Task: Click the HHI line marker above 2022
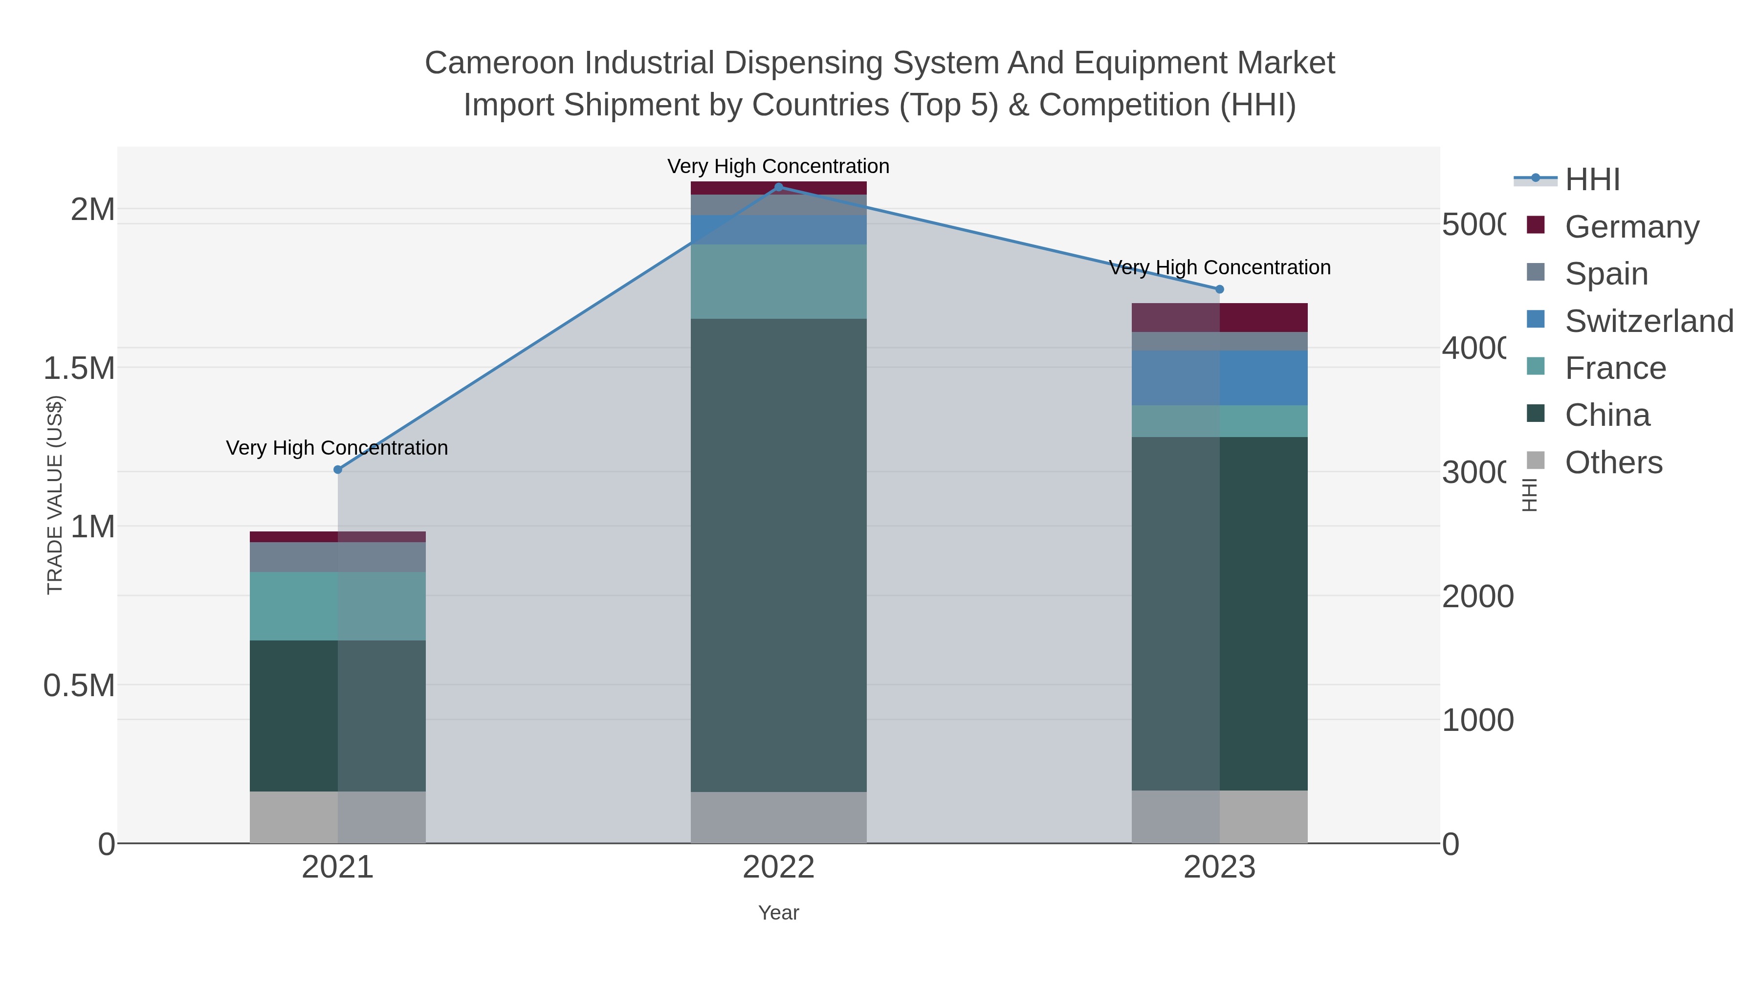pos(778,187)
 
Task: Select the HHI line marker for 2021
pos(337,469)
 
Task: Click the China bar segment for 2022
pos(778,555)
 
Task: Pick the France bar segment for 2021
pos(337,606)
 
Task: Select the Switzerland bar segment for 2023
pos(1220,378)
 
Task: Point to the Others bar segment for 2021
pos(337,817)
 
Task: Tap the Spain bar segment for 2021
pos(337,557)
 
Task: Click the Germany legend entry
pos(1631,226)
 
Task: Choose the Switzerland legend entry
pos(1649,320)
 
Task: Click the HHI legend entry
pos(1592,179)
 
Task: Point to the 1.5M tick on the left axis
pos(79,368)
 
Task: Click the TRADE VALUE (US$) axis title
pos(55,495)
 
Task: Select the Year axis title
pos(778,913)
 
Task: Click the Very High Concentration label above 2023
pos(1220,267)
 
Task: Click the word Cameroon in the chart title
pos(500,63)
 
